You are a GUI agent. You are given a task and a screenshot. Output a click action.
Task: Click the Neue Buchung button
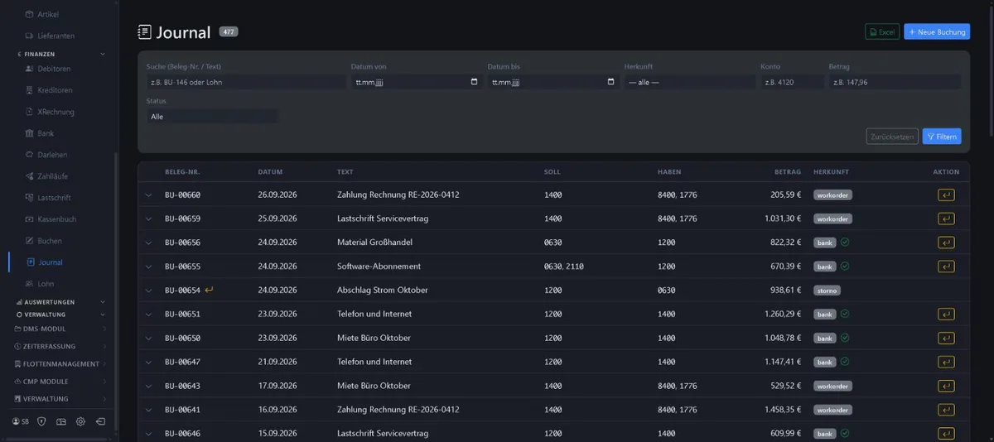tap(937, 32)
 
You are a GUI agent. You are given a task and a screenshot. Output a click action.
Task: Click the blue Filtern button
tap(942, 137)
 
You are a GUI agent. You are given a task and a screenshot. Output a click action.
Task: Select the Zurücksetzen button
tap(892, 137)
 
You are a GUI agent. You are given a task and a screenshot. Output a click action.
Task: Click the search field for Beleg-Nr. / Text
tap(246, 82)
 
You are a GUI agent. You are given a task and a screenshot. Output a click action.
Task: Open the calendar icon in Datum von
tap(474, 82)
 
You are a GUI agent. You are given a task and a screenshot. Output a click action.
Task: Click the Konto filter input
tap(792, 82)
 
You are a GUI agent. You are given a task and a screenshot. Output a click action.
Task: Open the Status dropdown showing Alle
tap(212, 117)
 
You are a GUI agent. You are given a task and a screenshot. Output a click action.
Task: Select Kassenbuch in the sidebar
tap(57, 219)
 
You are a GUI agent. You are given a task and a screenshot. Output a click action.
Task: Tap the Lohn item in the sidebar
tap(46, 284)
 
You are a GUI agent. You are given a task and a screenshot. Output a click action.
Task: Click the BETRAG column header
tap(788, 172)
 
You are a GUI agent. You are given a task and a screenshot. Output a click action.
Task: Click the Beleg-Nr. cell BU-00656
tap(182, 243)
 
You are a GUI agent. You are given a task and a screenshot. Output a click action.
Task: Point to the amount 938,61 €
tap(785, 290)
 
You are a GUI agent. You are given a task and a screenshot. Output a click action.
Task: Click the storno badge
tap(827, 291)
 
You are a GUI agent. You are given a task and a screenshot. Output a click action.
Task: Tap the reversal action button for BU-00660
tap(946, 195)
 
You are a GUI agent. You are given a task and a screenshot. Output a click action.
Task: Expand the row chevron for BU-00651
tap(148, 315)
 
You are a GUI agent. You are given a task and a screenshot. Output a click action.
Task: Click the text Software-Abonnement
tap(379, 267)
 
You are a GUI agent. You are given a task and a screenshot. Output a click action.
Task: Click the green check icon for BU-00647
tap(845, 362)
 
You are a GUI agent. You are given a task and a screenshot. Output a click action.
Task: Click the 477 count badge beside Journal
tap(228, 32)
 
